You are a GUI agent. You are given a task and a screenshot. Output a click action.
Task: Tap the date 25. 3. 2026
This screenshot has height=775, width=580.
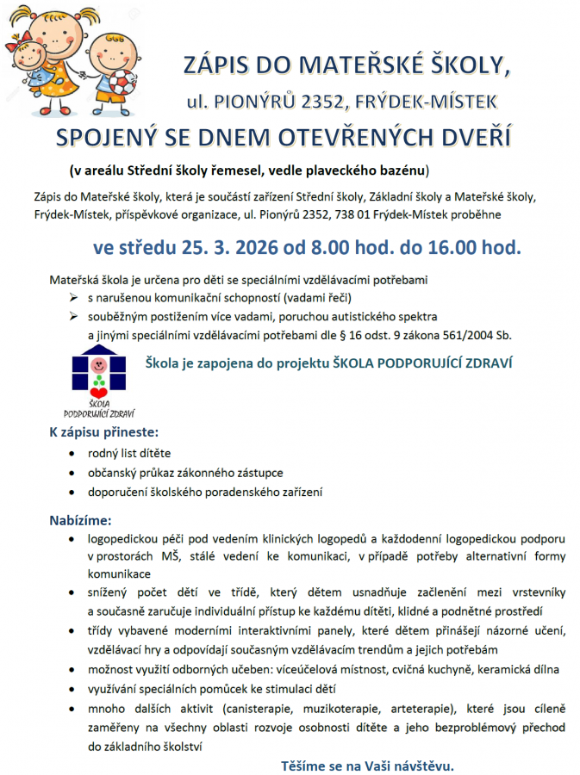pyautogui.click(x=219, y=249)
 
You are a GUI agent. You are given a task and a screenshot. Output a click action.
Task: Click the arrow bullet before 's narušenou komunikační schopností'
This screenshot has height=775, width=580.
pyautogui.click(x=73, y=298)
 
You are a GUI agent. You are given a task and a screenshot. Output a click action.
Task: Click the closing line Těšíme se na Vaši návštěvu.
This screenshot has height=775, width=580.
pyautogui.click(x=367, y=765)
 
